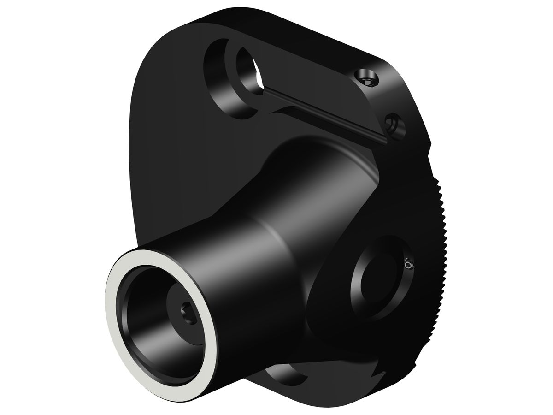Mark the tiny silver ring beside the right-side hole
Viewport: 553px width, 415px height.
click(408, 265)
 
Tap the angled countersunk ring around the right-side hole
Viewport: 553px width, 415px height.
click(359, 295)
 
